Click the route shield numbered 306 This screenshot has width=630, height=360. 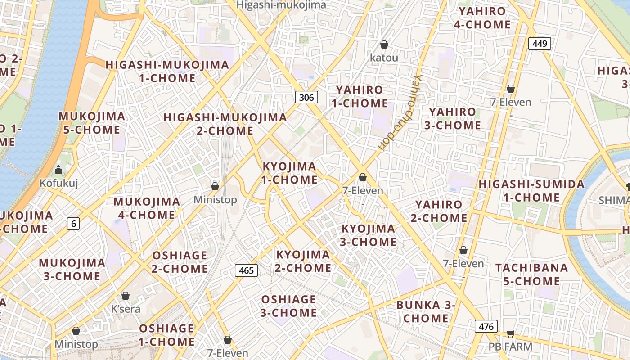[x=307, y=97]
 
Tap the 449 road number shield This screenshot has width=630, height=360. [x=540, y=44]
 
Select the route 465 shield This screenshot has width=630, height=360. [x=246, y=270]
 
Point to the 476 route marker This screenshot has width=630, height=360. [x=486, y=327]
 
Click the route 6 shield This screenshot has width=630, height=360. [x=73, y=223]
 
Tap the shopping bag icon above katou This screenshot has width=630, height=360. [x=384, y=45]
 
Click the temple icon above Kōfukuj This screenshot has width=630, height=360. [x=58, y=170]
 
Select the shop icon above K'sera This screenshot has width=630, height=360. [x=126, y=296]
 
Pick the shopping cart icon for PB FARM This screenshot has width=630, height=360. [x=510, y=333]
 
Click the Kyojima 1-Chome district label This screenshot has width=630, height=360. [x=290, y=173]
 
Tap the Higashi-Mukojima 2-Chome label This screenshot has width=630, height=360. [x=225, y=124]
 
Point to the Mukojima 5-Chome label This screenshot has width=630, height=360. [x=92, y=123]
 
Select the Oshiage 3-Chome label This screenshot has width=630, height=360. [x=288, y=306]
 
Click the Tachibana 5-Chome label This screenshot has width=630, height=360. [x=532, y=274]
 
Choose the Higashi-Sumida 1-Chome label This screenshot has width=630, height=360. [x=531, y=191]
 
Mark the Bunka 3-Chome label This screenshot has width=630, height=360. [x=426, y=312]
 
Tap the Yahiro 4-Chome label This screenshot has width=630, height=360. [x=482, y=18]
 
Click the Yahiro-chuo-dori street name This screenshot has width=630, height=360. [x=400, y=113]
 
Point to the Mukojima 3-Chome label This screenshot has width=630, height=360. [x=72, y=269]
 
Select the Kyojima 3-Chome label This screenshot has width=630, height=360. [x=369, y=235]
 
